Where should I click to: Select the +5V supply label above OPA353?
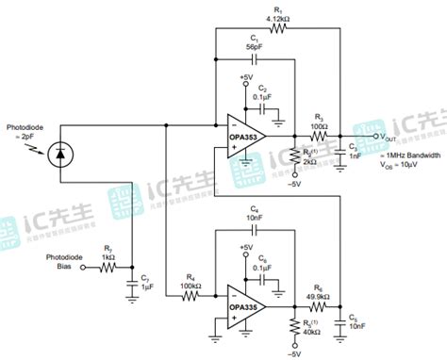click(247, 76)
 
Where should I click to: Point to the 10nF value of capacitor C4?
click(255, 217)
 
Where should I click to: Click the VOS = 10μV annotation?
click(400, 166)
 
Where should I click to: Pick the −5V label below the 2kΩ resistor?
click(296, 184)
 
